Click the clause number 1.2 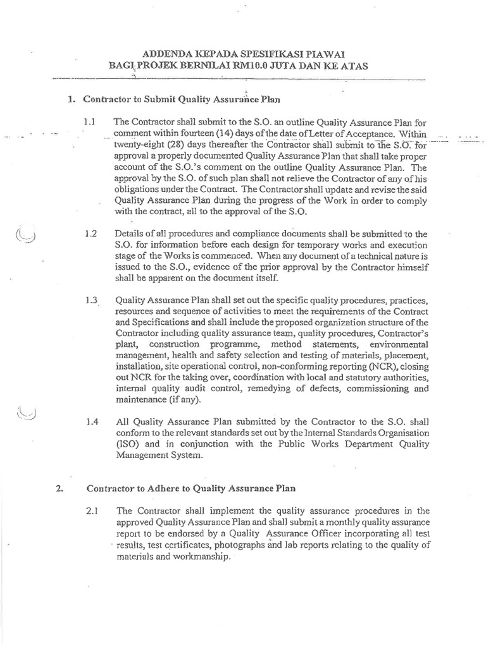90,234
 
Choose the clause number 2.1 90,511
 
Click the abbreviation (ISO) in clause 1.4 127,444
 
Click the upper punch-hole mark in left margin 25,235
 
